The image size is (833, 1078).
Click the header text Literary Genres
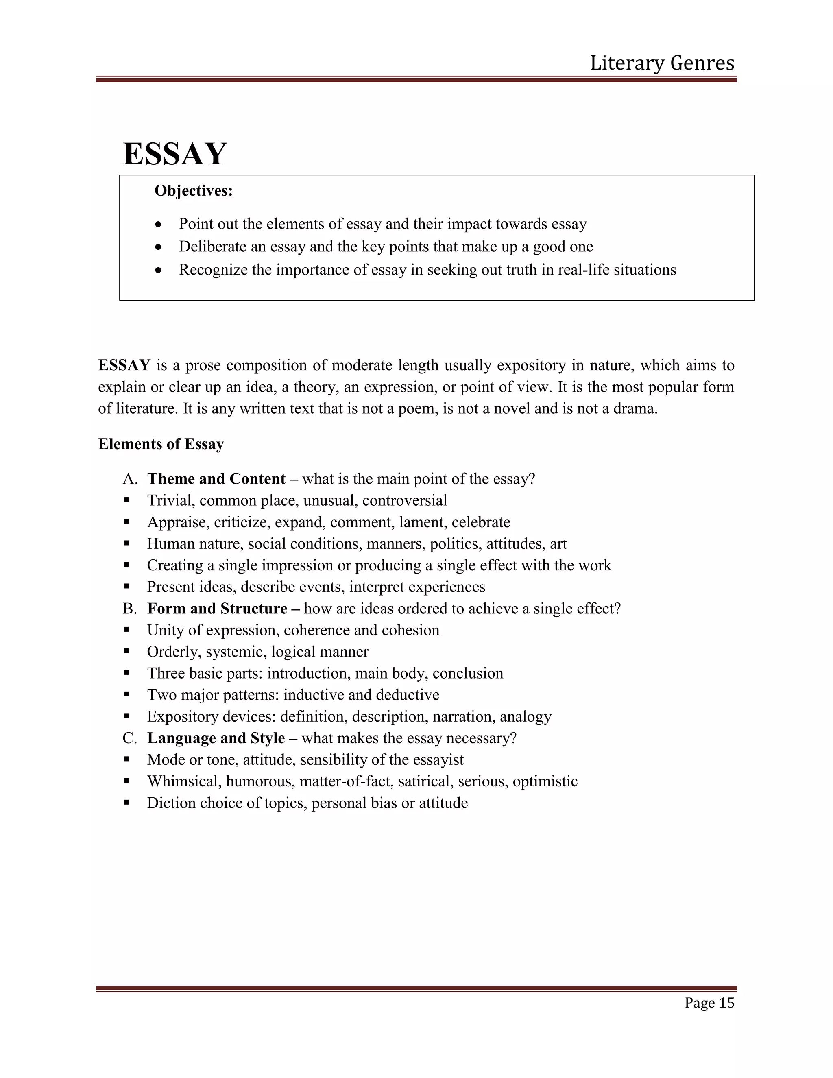pos(662,63)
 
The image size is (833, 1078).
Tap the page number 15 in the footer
pos(726,1002)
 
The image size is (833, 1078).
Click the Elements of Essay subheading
pos(161,444)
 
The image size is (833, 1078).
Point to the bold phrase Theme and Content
pos(216,479)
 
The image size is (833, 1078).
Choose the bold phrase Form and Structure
pos(217,608)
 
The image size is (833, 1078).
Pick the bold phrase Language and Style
pos(216,738)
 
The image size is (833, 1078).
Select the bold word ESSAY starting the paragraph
pos(124,365)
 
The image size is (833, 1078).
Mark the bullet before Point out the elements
pos(158,225)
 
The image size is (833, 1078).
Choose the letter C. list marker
pos(129,738)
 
